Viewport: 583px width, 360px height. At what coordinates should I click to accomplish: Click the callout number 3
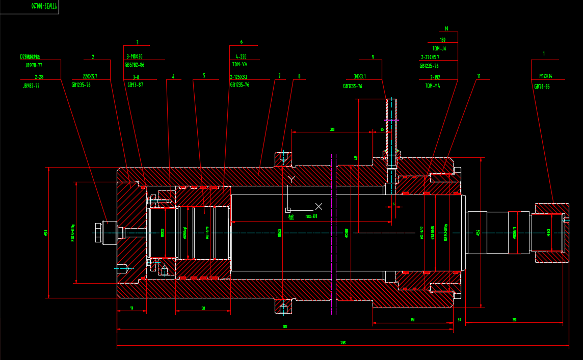pos(137,43)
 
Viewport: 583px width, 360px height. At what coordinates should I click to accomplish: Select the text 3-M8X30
pos(134,56)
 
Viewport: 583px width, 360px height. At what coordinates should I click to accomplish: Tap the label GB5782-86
pos(135,65)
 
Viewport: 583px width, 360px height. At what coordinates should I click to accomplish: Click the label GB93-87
pos(135,85)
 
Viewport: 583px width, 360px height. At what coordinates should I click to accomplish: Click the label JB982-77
pos(31,86)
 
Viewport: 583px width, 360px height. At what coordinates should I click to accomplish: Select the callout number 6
pos(241,42)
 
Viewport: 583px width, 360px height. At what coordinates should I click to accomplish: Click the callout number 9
pos(373,57)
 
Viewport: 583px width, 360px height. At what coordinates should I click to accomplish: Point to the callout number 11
pos(479,76)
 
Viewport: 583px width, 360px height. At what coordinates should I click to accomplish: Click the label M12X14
pos(546,76)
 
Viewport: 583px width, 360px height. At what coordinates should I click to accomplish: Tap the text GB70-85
pos(542,87)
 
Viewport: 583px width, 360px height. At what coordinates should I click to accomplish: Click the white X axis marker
pos(319,206)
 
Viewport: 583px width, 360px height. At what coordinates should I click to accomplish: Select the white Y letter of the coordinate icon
pos(291,179)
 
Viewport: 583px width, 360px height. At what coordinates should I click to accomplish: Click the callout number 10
pos(446,29)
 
